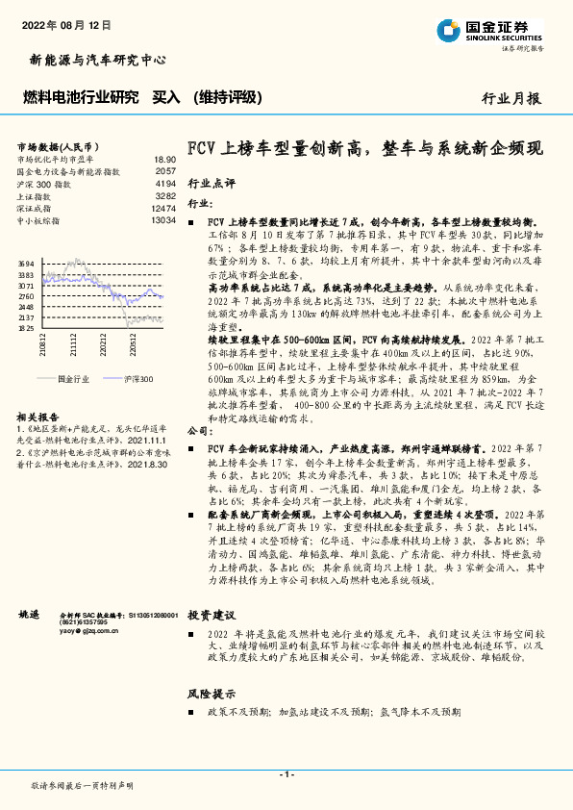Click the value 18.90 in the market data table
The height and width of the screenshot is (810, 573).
click(x=164, y=159)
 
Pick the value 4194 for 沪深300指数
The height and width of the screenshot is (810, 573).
click(x=165, y=183)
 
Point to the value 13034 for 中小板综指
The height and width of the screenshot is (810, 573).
click(x=163, y=220)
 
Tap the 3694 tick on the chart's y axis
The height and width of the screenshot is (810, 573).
click(x=26, y=263)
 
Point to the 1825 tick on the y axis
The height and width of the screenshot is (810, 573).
click(x=26, y=327)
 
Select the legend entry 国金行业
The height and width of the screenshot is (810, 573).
click(x=72, y=380)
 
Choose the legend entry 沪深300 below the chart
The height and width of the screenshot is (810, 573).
click(x=137, y=380)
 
